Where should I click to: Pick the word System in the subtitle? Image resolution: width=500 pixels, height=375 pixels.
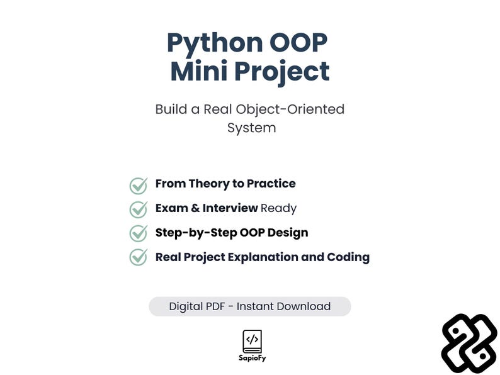(x=251, y=128)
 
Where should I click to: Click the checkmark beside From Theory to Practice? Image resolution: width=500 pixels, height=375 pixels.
(x=139, y=185)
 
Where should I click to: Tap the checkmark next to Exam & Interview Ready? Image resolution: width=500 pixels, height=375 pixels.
(x=139, y=209)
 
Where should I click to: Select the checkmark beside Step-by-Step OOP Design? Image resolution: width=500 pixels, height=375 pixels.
(x=139, y=233)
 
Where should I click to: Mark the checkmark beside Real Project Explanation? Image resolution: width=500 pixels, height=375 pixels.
(x=139, y=257)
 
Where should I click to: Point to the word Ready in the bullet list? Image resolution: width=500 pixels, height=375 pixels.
(x=278, y=208)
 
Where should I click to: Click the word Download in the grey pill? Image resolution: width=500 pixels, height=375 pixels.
(x=305, y=306)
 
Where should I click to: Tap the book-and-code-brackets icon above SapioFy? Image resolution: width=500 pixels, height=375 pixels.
(x=252, y=342)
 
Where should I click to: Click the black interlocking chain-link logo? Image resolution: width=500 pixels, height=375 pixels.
(x=469, y=343)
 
